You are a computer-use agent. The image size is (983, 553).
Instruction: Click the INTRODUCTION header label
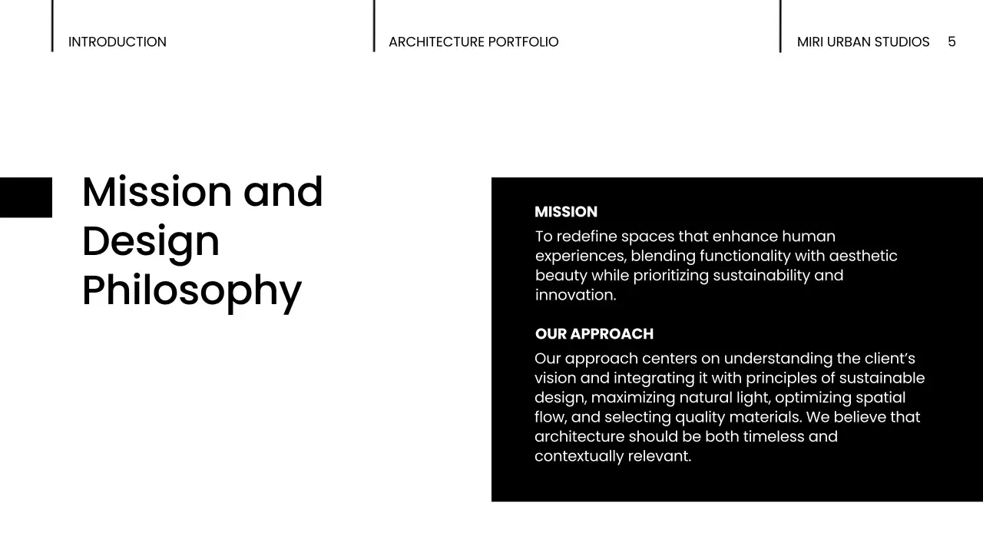click(117, 42)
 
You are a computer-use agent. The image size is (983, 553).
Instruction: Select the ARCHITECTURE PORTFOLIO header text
click(473, 42)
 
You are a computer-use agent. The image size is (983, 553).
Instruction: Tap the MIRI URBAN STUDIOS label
click(862, 42)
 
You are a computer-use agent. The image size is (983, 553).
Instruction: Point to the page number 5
click(952, 41)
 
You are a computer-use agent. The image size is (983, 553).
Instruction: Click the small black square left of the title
click(25, 197)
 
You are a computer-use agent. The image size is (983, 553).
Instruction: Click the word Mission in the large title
click(157, 192)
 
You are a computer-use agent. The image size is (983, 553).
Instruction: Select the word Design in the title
click(151, 241)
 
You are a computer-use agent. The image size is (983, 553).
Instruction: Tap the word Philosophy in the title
click(191, 290)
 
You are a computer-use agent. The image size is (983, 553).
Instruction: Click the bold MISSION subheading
click(565, 212)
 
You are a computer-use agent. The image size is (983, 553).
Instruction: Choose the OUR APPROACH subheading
click(594, 334)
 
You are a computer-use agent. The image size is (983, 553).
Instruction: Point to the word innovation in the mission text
click(574, 295)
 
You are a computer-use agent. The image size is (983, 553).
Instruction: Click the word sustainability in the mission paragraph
click(760, 275)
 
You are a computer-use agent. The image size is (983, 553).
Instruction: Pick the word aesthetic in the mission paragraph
click(862, 256)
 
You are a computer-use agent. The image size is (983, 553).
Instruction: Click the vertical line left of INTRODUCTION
click(52, 26)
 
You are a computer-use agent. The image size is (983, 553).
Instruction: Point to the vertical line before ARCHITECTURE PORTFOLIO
click(374, 26)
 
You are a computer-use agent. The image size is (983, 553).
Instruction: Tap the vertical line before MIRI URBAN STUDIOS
click(780, 26)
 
